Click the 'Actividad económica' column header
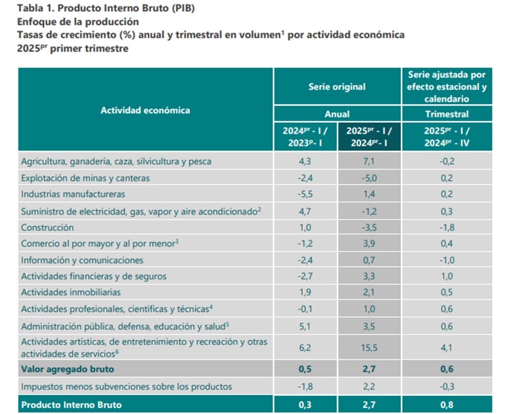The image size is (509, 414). (x=145, y=110)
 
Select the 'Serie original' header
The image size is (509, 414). (x=337, y=86)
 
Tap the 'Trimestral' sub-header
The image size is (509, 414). (x=447, y=114)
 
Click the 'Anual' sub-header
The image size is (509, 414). (x=337, y=114)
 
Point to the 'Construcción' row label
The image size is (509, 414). (x=47, y=227)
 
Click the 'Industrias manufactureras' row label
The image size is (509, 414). (x=73, y=194)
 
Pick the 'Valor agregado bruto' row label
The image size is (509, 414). (x=67, y=369)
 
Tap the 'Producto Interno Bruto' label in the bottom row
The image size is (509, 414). (x=71, y=405)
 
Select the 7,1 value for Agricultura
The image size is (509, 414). (x=369, y=162)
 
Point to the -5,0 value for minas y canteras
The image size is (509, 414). (x=369, y=178)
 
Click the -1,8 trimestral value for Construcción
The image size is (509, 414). (x=446, y=227)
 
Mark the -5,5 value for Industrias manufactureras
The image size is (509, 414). (x=305, y=194)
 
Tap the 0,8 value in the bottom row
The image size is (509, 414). (x=446, y=405)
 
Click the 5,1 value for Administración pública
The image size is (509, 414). (x=305, y=326)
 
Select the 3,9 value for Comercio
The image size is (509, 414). (x=369, y=244)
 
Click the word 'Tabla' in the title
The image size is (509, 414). (x=30, y=9)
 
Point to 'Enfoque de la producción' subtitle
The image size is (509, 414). (x=78, y=22)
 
